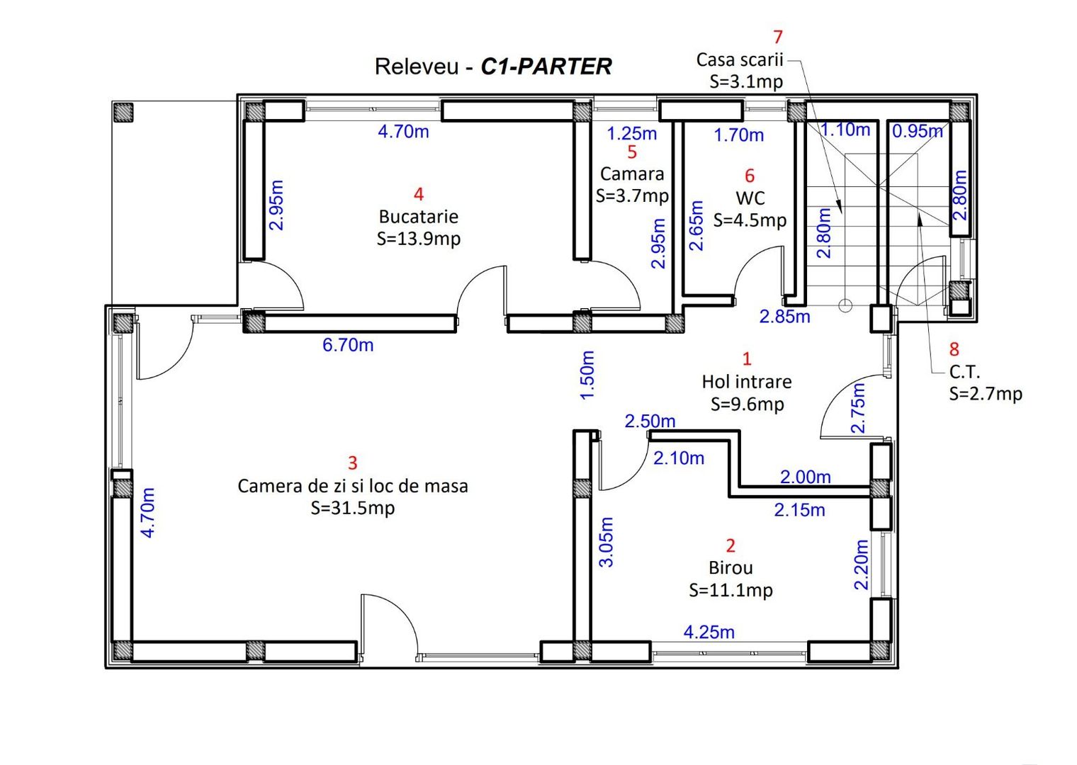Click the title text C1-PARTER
click(546, 67)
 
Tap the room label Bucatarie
click(418, 217)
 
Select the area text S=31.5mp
click(352, 508)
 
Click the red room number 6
click(750, 176)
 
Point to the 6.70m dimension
click(348, 345)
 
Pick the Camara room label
click(632, 174)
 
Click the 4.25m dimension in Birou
click(709, 632)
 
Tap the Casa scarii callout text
click(739, 59)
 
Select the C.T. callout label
click(964, 372)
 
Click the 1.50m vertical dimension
click(587, 375)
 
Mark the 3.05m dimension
click(607, 542)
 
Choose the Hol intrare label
click(747, 382)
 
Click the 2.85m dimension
click(784, 317)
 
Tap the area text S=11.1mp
click(731, 590)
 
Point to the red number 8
click(954, 349)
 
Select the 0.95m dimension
click(917, 131)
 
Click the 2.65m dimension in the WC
click(697, 225)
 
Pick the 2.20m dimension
click(861, 565)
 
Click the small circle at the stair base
click(845, 305)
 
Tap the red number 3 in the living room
click(353, 463)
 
